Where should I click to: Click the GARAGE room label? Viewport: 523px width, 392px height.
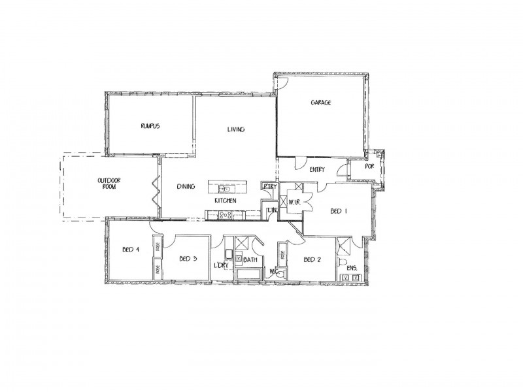(x=320, y=103)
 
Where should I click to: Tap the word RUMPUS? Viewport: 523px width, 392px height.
(x=150, y=125)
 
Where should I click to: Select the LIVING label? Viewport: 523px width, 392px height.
(x=235, y=129)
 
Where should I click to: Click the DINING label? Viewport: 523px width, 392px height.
(x=186, y=187)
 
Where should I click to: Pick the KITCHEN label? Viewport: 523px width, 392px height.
(x=226, y=200)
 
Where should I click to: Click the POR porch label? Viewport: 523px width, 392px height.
(x=369, y=166)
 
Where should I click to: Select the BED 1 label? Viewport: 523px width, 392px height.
(x=337, y=211)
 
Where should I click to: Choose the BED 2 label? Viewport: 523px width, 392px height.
(x=312, y=259)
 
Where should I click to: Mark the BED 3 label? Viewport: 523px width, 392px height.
(x=188, y=259)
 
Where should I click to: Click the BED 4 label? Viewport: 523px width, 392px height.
(x=131, y=249)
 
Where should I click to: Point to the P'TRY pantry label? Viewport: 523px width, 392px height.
(x=269, y=187)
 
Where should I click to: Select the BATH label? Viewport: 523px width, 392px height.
(x=251, y=261)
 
